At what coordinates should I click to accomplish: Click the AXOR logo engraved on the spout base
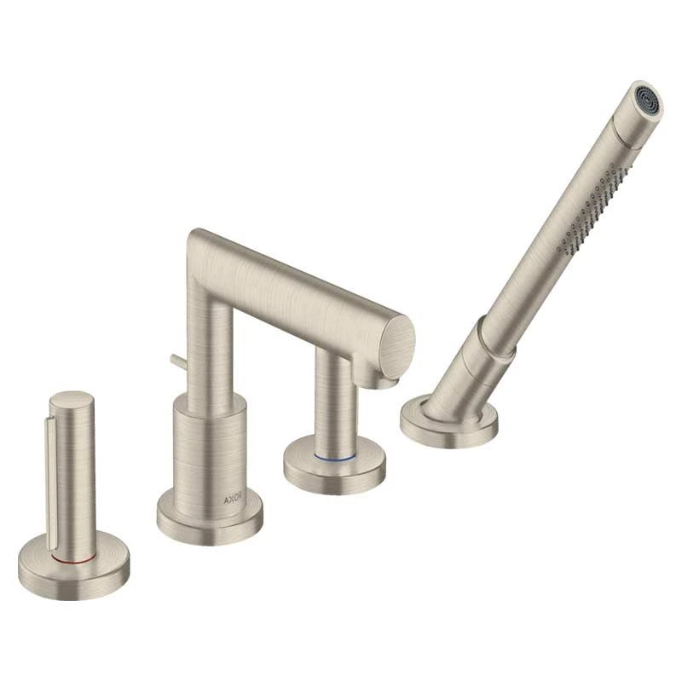click(235, 500)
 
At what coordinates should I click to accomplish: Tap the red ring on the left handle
click(72, 558)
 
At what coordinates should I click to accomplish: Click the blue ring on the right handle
click(335, 457)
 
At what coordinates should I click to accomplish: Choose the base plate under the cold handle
click(334, 464)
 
